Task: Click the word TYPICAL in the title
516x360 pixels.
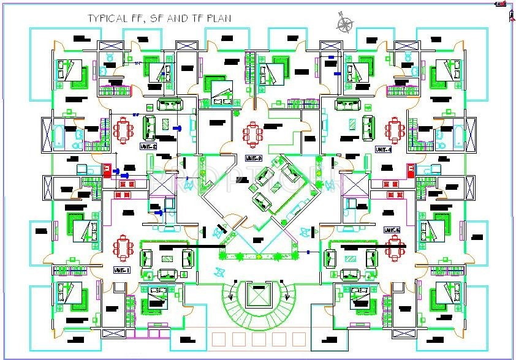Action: [105, 18]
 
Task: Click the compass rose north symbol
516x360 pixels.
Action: [345, 24]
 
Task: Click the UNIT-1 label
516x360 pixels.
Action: [121, 270]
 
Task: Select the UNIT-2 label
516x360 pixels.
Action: [149, 147]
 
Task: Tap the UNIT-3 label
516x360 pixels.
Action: [253, 158]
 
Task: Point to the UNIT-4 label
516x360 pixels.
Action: [384, 149]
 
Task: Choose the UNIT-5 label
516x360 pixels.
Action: [392, 230]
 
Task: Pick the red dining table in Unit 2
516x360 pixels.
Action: [123, 130]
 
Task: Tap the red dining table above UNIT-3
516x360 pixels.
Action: [252, 132]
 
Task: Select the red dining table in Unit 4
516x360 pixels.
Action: [393, 130]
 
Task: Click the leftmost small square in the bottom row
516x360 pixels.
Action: [218, 340]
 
